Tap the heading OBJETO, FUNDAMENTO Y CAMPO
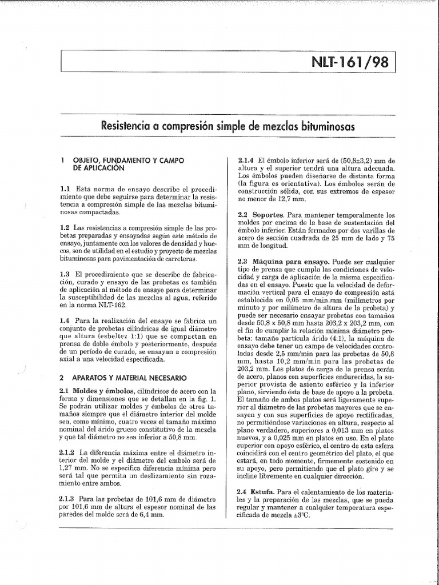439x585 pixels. coord(126,161)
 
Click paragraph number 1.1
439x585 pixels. coord(65,189)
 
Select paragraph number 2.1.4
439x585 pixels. coord(246,161)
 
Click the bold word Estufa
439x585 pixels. coord(271,491)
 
